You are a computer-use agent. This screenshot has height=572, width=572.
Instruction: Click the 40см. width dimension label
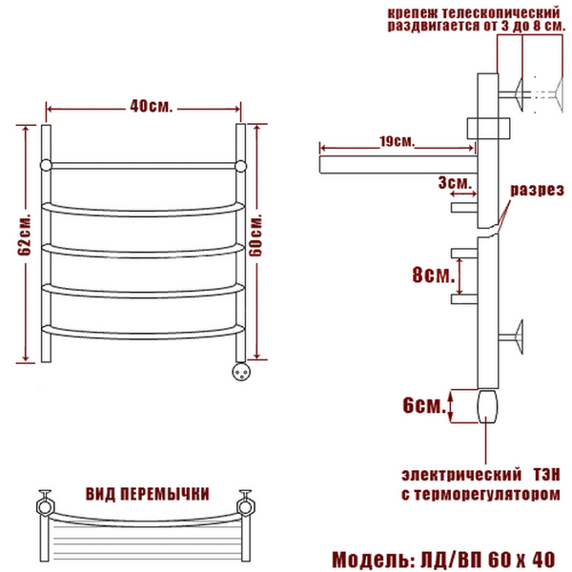click(151, 106)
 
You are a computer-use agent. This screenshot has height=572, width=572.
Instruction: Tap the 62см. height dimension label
click(25, 234)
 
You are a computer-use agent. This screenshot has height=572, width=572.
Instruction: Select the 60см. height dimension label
click(255, 235)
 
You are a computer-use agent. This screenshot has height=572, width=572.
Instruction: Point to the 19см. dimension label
click(397, 141)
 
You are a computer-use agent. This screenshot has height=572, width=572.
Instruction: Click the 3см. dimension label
click(455, 182)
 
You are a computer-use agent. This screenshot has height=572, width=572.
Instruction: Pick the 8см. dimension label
click(434, 275)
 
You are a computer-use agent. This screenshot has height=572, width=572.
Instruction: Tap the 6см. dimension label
click(424, 405)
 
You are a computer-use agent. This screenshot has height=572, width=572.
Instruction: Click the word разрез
click(537, 191)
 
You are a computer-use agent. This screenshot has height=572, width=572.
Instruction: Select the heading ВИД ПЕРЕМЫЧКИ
click(148, 494)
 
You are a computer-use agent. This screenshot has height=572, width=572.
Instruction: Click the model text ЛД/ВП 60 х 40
click(488, 560)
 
